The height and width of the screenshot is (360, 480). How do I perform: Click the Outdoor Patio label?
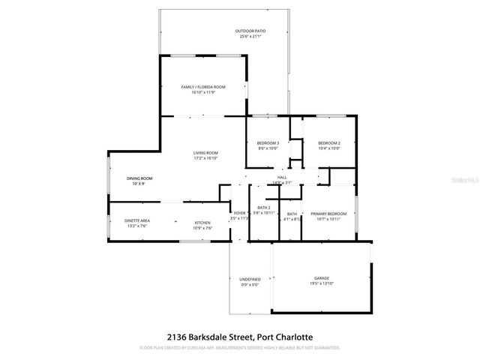[253, 31]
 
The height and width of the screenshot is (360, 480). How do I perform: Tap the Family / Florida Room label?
[203, 87]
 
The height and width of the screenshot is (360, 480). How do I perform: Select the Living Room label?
[205, 153]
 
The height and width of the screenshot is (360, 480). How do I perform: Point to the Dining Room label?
[139, 178]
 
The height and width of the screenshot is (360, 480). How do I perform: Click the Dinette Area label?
[137, 220]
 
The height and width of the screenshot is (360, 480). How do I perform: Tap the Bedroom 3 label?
[268, 143]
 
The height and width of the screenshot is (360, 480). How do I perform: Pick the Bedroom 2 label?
[328, 143]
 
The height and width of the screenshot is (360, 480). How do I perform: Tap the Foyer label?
[239, 214]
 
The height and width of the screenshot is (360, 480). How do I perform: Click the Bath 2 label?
[263, 208]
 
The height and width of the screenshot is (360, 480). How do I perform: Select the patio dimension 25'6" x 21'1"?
[253, 36]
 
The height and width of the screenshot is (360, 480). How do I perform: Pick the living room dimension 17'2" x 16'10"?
[205, 158]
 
